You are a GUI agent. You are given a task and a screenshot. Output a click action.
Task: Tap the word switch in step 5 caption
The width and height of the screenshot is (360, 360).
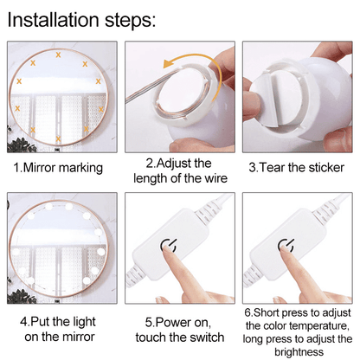pyautogui.click(x=205, y=336)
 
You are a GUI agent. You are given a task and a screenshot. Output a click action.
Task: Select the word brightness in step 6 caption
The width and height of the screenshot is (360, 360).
pyautogui.click(x=296, y=352)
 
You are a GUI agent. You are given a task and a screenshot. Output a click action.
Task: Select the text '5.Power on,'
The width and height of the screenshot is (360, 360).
pyautogui.click(x=178, y=321)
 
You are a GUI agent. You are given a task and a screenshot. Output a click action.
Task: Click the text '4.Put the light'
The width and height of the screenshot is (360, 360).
pyautogui.click(x=59, y=321)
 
